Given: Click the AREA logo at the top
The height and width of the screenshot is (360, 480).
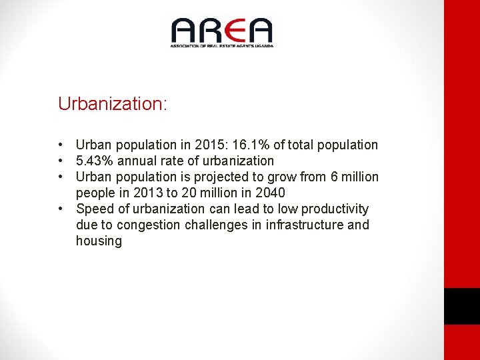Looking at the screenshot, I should [221, 32].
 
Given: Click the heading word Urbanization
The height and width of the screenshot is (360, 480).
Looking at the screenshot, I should [111, 104].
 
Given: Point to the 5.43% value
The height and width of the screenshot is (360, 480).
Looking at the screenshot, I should [94, 161].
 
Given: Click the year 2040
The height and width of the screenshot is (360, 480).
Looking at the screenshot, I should [270, 193].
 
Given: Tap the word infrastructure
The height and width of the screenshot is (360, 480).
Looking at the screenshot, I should [305, 225].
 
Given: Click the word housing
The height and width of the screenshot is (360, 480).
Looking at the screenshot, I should [99, 241].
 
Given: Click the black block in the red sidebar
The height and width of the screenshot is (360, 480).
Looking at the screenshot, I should [462, 306].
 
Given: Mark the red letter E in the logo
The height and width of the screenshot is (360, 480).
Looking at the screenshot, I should [235, 31].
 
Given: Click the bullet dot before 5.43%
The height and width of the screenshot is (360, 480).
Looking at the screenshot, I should [61, 161].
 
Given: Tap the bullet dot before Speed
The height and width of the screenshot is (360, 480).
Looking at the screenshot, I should [61, 209].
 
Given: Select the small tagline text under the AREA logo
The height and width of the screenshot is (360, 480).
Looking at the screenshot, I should [221, 45].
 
